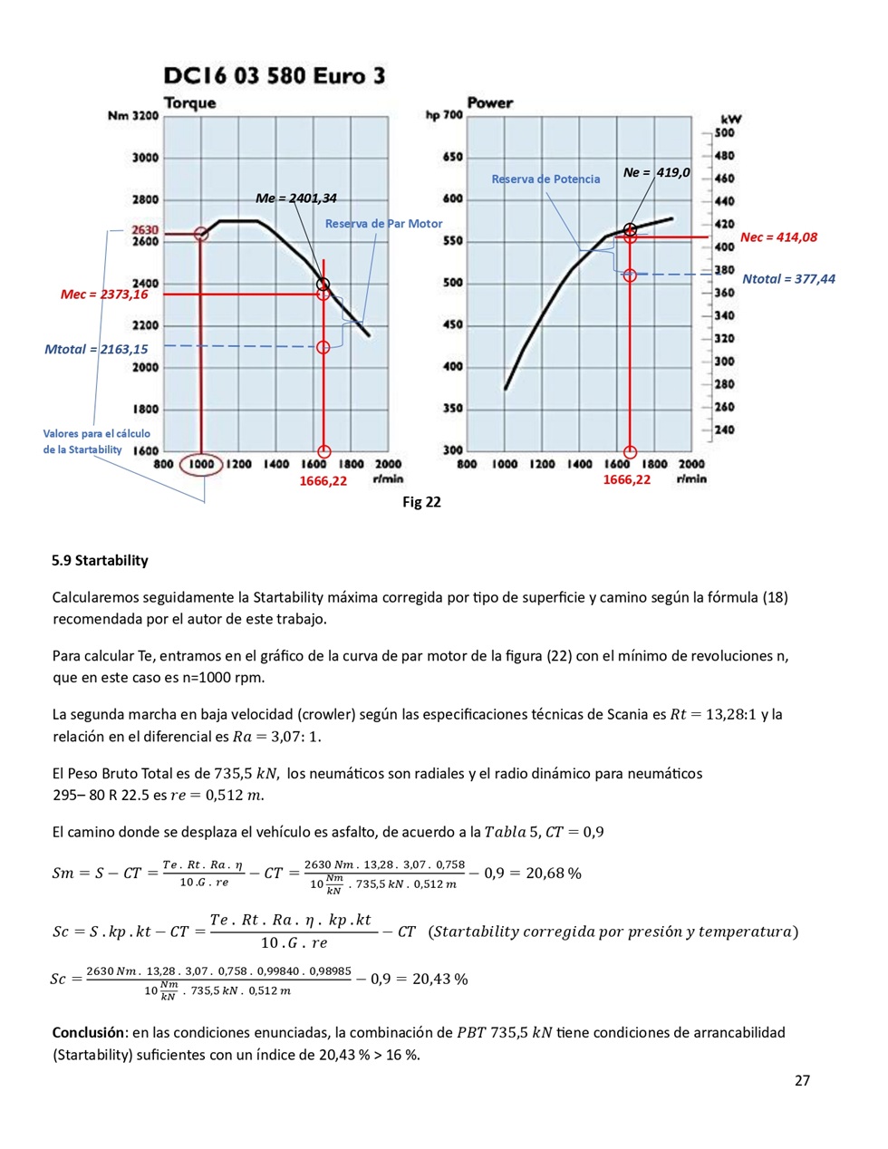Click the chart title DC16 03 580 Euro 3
(x=274, y=75)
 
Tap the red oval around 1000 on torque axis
(x=201, y=465)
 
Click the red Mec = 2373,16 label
(x=104, y=294)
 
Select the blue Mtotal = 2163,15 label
(x=96, y=349)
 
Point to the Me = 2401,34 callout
(x=295, y=198)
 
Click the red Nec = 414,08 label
(x=778, y=237)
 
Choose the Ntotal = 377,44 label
(x=788, y=279)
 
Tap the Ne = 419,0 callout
(x=656, y=172)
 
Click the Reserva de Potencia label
(x=545, y=179)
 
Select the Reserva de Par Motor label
(x=383, y=224)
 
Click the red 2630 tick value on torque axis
(x=145, y=230)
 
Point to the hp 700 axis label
(x=444, y=115)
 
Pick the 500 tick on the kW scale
(x=724, y=132)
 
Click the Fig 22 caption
(x=421, y=502)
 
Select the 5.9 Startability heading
(x=100, y=561)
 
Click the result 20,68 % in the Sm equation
(x=554, y=874)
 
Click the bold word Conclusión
(x=88, y=1032)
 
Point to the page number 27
(x=802, y=1080)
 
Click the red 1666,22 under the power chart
(x=627, y=480)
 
